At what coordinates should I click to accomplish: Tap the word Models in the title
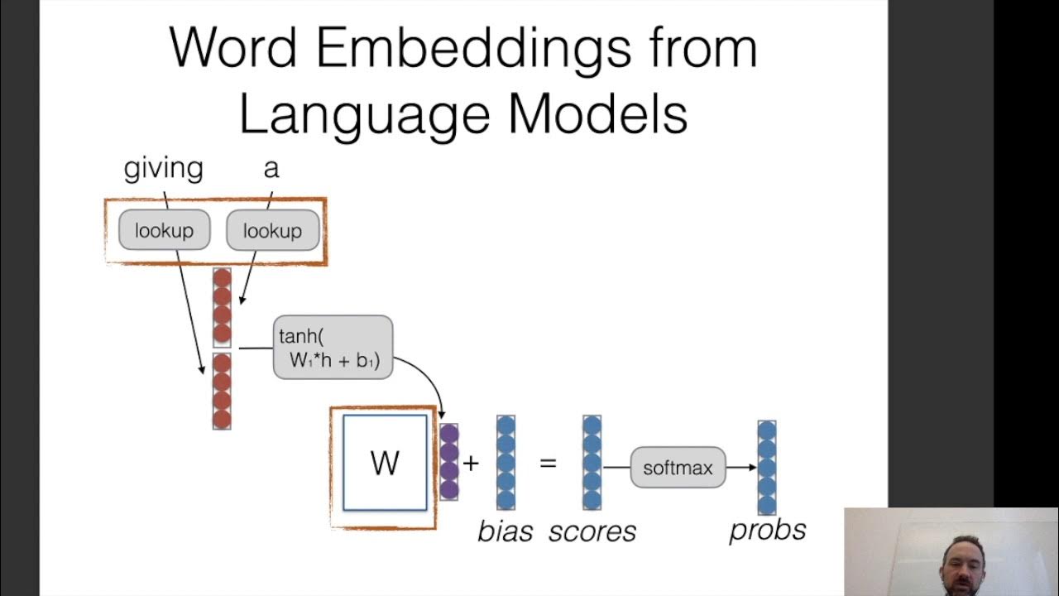(597, 115)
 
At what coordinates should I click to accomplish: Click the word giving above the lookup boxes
(163, 169)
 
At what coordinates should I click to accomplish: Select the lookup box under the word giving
(164, 230)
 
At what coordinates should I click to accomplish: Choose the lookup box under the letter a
(272, 230)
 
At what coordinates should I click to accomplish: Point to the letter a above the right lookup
(271, 169)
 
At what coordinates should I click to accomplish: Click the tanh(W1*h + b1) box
(333, 348)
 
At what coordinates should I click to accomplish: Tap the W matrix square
(385, 463)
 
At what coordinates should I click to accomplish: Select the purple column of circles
(448, 461)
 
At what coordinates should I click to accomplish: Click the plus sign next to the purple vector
(471, 463)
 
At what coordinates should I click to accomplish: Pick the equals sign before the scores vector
(548, 463)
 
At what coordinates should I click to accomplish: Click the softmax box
(678, 468)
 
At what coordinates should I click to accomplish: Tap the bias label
(505, 531)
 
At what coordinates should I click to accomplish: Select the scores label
(592, 531)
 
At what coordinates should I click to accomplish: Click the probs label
(767, 530)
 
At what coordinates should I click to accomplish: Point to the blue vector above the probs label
(767, 468)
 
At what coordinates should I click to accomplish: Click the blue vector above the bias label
(506, 462)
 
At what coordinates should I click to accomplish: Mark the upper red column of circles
(222, 306)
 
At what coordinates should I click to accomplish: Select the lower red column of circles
(222, 391)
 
